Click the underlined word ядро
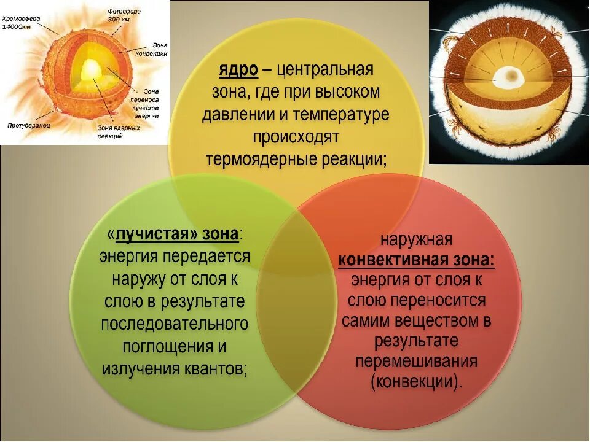pos(238,70)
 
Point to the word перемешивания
pos(416,360)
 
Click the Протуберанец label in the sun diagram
pos(29,125)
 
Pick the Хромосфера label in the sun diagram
pos(20,18)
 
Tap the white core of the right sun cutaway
pos(508,78)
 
